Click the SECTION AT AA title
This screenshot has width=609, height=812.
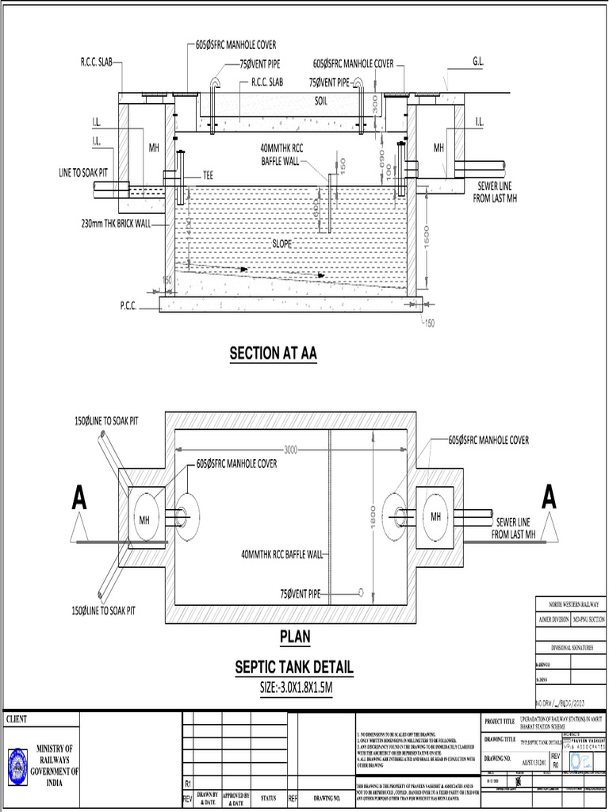pyautogui.click(x=273, y=354)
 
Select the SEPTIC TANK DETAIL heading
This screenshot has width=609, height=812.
pyautogui.click(x=293, y=667)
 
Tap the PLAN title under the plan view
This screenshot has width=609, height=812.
pyautogui.click(x=294, y=636)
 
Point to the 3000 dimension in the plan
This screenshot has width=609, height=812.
pyautogui.click(x=290, y=450)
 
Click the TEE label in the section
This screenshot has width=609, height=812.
pyautogui.click(x=208, y=174)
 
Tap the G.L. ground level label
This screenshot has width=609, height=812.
pyautogui.click(x=479, y=60)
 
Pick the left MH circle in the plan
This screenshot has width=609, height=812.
pyautogui.click(x=144, y=519)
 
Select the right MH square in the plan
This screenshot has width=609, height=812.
pyautogui.click(x=435, y=516)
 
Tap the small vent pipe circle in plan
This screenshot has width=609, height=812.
pyautogui.click(x=361, y=592)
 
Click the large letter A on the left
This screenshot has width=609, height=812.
pyautogui.click(x=79, y=498)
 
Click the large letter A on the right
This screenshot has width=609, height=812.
pyautogui.click(x=548, y=497)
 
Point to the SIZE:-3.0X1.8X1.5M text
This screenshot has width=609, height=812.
pyautogui.click(x=294, y=687)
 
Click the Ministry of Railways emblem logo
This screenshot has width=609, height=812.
pyautogui.click(x=18, y=767)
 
